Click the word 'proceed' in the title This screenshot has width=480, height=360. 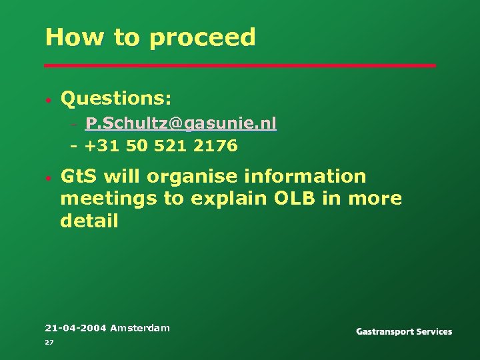point(203,38)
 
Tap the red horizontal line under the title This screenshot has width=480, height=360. point(240,65)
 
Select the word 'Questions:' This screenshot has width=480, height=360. point(116,99)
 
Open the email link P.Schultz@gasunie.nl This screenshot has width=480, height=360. point(181,124)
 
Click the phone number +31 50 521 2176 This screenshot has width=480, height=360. point(161,146)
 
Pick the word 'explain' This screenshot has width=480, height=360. point(225,199)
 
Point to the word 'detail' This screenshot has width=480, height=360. point(89,221)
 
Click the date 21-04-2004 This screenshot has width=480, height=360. point(75,327)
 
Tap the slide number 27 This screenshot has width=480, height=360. point(49,342)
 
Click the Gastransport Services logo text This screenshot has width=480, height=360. point(404,331)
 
